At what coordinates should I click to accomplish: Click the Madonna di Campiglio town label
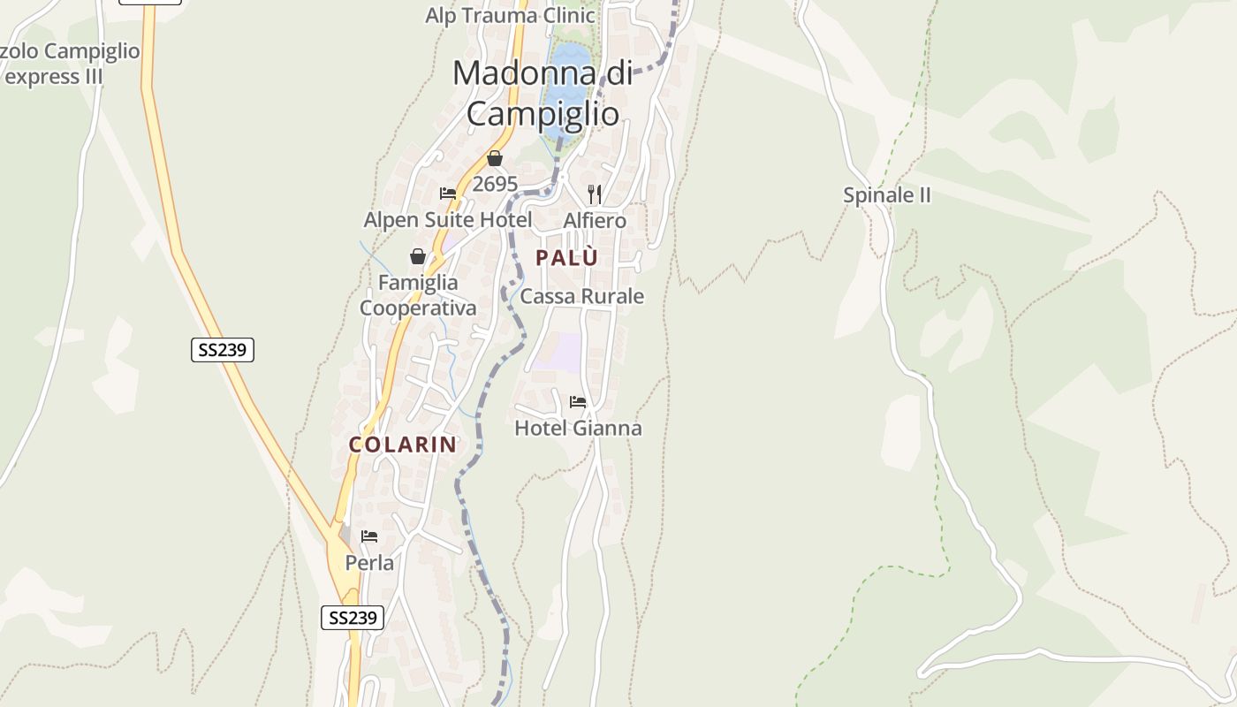coord(543,93)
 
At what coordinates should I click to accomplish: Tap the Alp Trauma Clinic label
coord(510,15)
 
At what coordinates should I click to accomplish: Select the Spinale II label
coord(887,195)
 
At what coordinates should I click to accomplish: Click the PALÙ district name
coord(566,258)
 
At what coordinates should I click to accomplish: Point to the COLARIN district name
coord(402,445)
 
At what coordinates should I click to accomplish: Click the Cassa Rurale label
coord(581,296)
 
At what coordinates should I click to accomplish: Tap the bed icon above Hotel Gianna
coord(578,402)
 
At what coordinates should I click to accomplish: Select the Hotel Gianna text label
coord(578,429)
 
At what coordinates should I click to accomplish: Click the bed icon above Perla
coord(369,536)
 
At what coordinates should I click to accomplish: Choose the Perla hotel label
coord(369,563)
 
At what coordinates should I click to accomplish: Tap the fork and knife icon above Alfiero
coord(595,194)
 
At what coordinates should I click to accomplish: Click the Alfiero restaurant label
coord(595,220)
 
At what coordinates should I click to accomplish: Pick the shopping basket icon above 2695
coord(495,158)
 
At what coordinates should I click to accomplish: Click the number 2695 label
coord(495,184)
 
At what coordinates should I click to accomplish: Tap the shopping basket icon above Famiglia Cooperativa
coord(418,256)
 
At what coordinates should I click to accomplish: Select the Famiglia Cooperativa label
coord(418,295)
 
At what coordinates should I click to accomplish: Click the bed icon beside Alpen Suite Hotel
coord(448,194)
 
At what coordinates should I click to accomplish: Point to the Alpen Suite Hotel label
coord(448,219)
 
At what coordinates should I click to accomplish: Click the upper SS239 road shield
coord(223,350)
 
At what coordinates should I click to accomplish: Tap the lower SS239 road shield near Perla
coord(352,618)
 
